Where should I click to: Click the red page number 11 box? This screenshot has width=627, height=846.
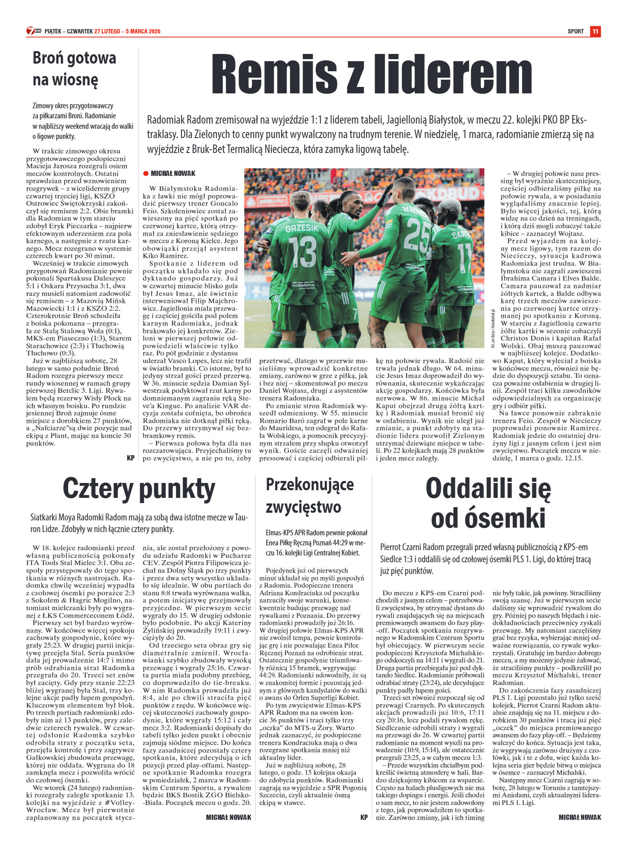[595, 31]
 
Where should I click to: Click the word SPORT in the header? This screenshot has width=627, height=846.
[575, 31]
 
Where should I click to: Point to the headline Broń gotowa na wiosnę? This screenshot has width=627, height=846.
[74, 69]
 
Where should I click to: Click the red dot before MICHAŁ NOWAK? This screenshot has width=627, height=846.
[146, 173]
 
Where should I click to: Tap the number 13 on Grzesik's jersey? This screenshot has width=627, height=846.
[302, 252]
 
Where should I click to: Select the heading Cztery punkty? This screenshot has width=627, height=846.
[139, 489]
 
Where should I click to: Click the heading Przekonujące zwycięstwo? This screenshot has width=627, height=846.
[309, 496]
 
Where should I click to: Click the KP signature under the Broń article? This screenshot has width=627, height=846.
[130, 458]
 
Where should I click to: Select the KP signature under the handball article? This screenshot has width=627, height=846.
[364, 817]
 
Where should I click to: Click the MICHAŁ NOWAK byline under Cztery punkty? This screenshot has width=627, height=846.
[228, 817]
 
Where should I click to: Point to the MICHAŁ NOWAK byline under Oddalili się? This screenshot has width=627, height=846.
[580, 817]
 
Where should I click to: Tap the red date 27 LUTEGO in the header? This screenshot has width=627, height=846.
[107, 31]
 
